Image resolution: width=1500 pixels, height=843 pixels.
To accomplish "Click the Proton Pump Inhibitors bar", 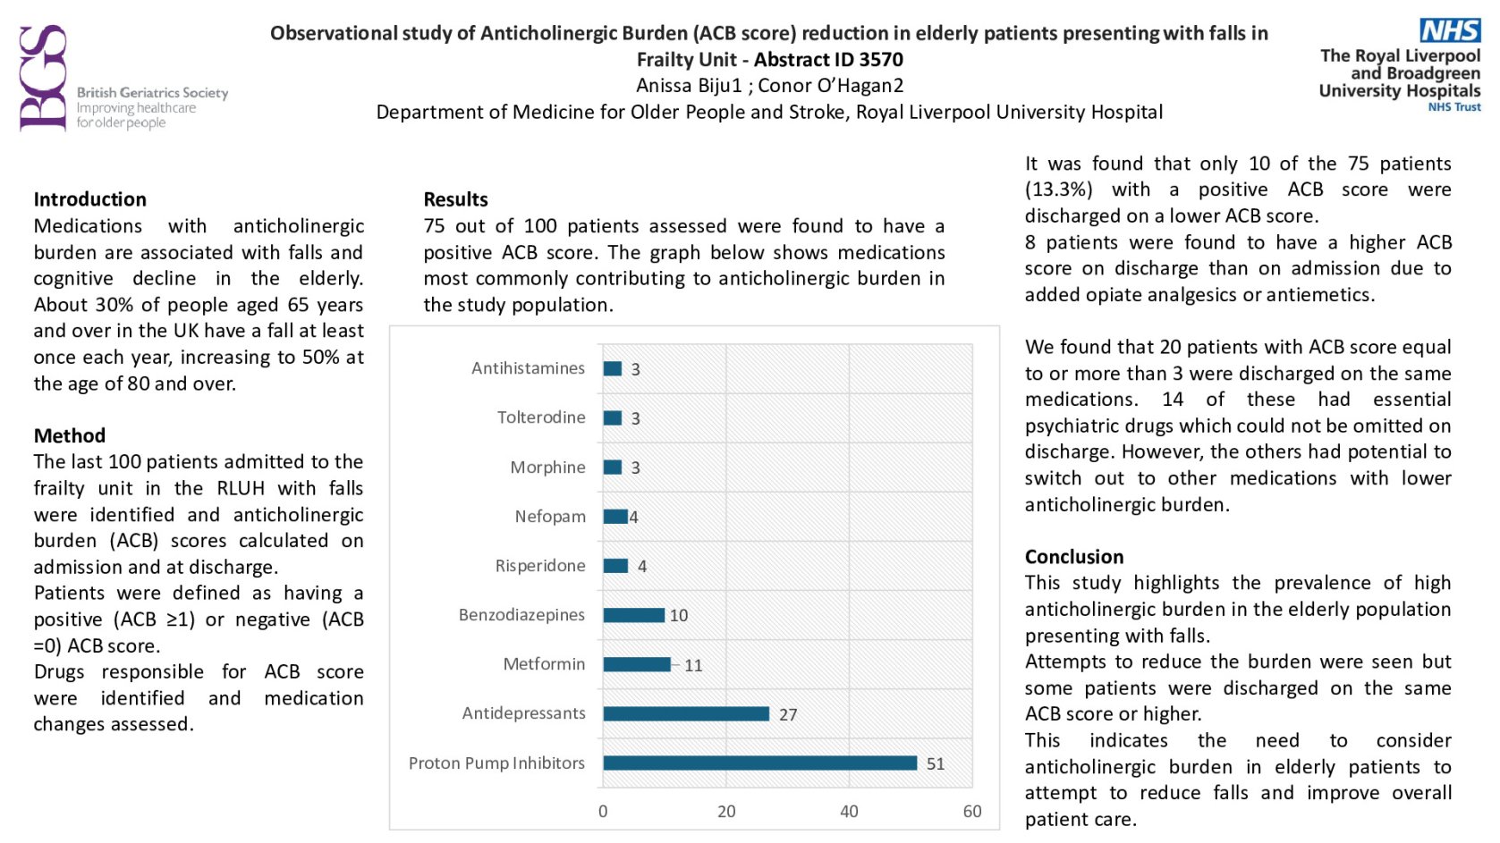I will click(x=759, y=763).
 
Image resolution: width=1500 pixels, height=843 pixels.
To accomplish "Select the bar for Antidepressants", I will click(x=685, y=713).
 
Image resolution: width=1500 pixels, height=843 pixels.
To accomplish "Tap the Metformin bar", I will click(x=636, y=664).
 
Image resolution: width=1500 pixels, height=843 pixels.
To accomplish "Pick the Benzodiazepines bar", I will click(x=633, y=615).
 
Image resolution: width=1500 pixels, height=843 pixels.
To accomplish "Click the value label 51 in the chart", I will click(x=936, y=763).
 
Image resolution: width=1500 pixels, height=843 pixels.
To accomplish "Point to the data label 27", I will click(x=788, y=714).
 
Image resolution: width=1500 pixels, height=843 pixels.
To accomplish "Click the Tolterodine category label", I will click(x=541, y=417).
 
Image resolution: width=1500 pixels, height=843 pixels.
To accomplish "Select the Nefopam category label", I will click(x=550, y=517).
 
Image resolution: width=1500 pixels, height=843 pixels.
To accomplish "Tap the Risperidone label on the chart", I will click(x=540, y=566).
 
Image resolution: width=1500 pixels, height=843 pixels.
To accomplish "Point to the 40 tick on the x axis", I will click(x=849, y=812).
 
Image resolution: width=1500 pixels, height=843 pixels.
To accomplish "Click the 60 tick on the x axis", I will click(x=972, y=812).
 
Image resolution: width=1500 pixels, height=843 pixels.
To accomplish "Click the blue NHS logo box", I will click(x=1450, y=30).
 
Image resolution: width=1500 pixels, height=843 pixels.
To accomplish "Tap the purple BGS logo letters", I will click(x=43, y=79).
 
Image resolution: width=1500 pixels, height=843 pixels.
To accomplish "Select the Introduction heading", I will click(x=89, y=199).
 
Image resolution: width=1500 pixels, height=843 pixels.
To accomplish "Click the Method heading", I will click(x=70, y=435).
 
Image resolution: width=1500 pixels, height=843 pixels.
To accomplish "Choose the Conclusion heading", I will click(x=1074, y=557).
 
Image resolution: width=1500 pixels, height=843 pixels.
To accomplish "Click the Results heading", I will click(x=455, y=199).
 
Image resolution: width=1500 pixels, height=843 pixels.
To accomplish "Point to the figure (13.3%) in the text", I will click(x=1058, y=190).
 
